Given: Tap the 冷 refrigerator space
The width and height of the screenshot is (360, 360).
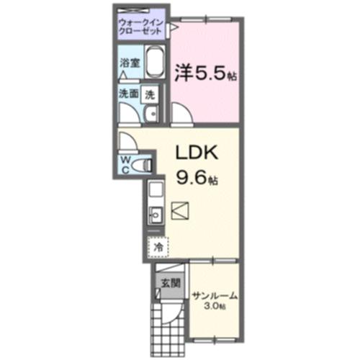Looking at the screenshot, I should click(158, 246).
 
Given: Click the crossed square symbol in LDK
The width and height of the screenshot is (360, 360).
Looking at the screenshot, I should click(180, 210).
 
